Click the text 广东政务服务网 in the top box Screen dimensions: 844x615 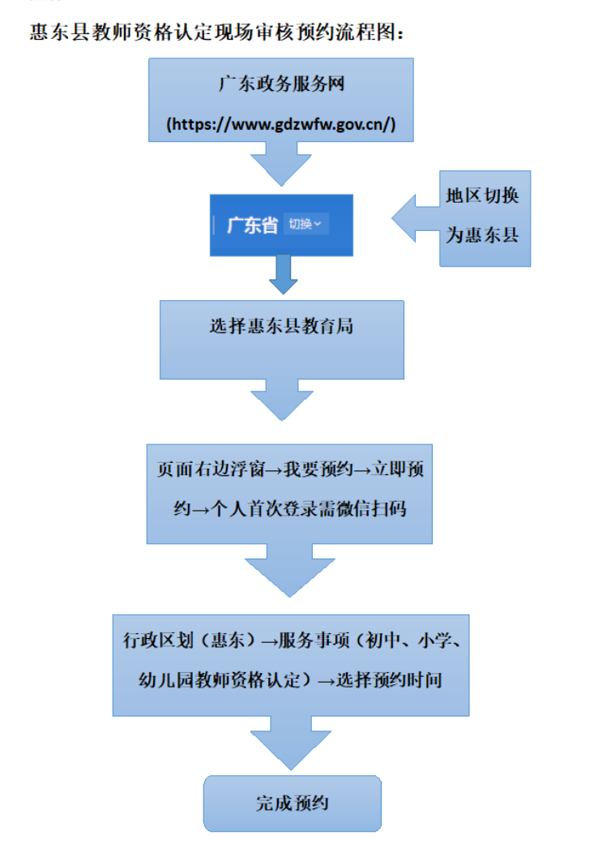[x=281, y=84]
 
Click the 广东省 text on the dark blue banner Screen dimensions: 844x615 [x=252, y=225]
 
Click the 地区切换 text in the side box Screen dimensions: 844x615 [x=484, y=196]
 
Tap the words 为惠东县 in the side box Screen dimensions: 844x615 [x=484, y=236]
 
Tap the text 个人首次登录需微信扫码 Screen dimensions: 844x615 [x=307, y=509]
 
